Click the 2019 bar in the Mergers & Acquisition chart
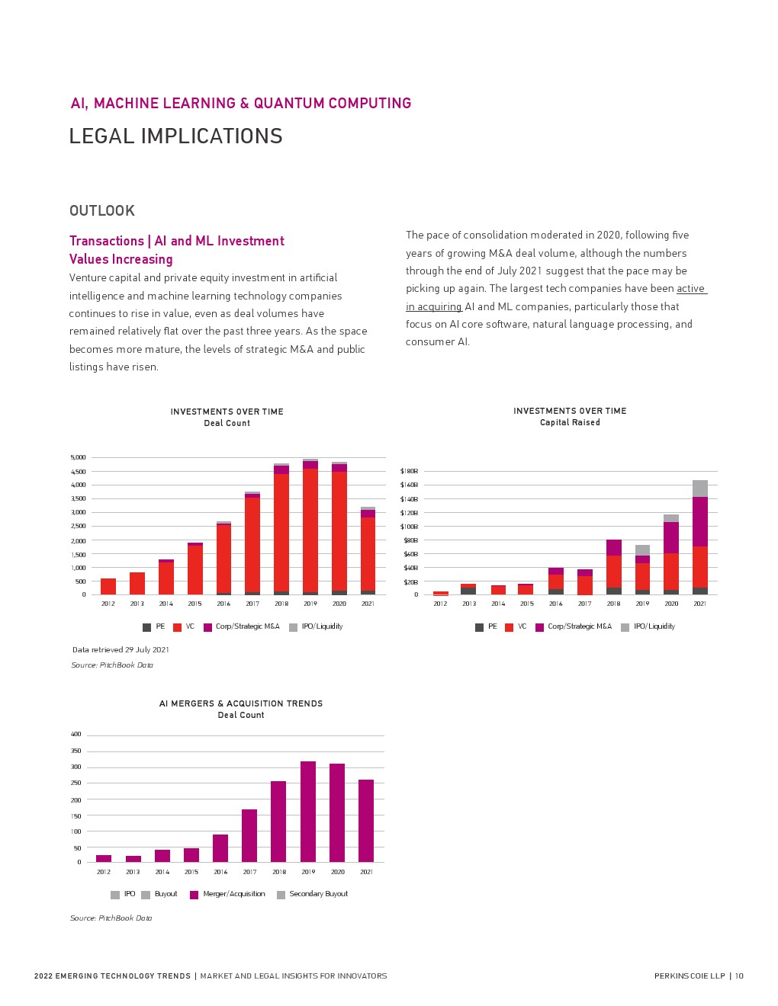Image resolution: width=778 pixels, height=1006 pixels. [308, 812]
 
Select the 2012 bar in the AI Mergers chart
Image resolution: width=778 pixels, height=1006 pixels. [104, 858]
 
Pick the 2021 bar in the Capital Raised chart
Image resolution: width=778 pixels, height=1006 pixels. [700, 537]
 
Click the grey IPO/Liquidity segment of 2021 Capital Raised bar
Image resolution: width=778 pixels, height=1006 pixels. [700, 489]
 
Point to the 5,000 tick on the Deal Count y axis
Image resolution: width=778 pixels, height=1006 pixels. [79, 457]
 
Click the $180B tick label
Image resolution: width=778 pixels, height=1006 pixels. [409, 471]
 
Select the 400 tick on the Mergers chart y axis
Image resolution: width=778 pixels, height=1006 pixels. [76, 735]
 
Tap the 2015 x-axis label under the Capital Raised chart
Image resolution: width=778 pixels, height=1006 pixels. [527, 604]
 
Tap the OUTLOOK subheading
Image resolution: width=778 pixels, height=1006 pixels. [102, 211]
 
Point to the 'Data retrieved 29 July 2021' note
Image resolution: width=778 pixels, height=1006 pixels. [121, 650]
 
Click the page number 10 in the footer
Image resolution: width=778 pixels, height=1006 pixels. [739, 976]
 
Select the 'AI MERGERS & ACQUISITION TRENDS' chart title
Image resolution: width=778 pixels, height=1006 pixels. [241, 703]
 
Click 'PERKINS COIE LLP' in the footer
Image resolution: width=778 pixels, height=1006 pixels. [690, 976]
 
